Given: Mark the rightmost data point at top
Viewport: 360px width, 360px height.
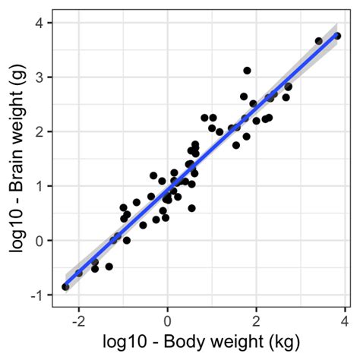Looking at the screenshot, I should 337,36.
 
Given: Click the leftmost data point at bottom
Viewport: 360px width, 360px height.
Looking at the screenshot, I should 65,287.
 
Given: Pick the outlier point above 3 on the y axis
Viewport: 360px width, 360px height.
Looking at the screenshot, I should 247,71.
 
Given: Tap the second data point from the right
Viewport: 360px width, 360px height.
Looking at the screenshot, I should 319,41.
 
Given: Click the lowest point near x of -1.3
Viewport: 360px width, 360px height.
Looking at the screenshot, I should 109,267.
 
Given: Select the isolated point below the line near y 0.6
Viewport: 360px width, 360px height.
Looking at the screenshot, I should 191,208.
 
